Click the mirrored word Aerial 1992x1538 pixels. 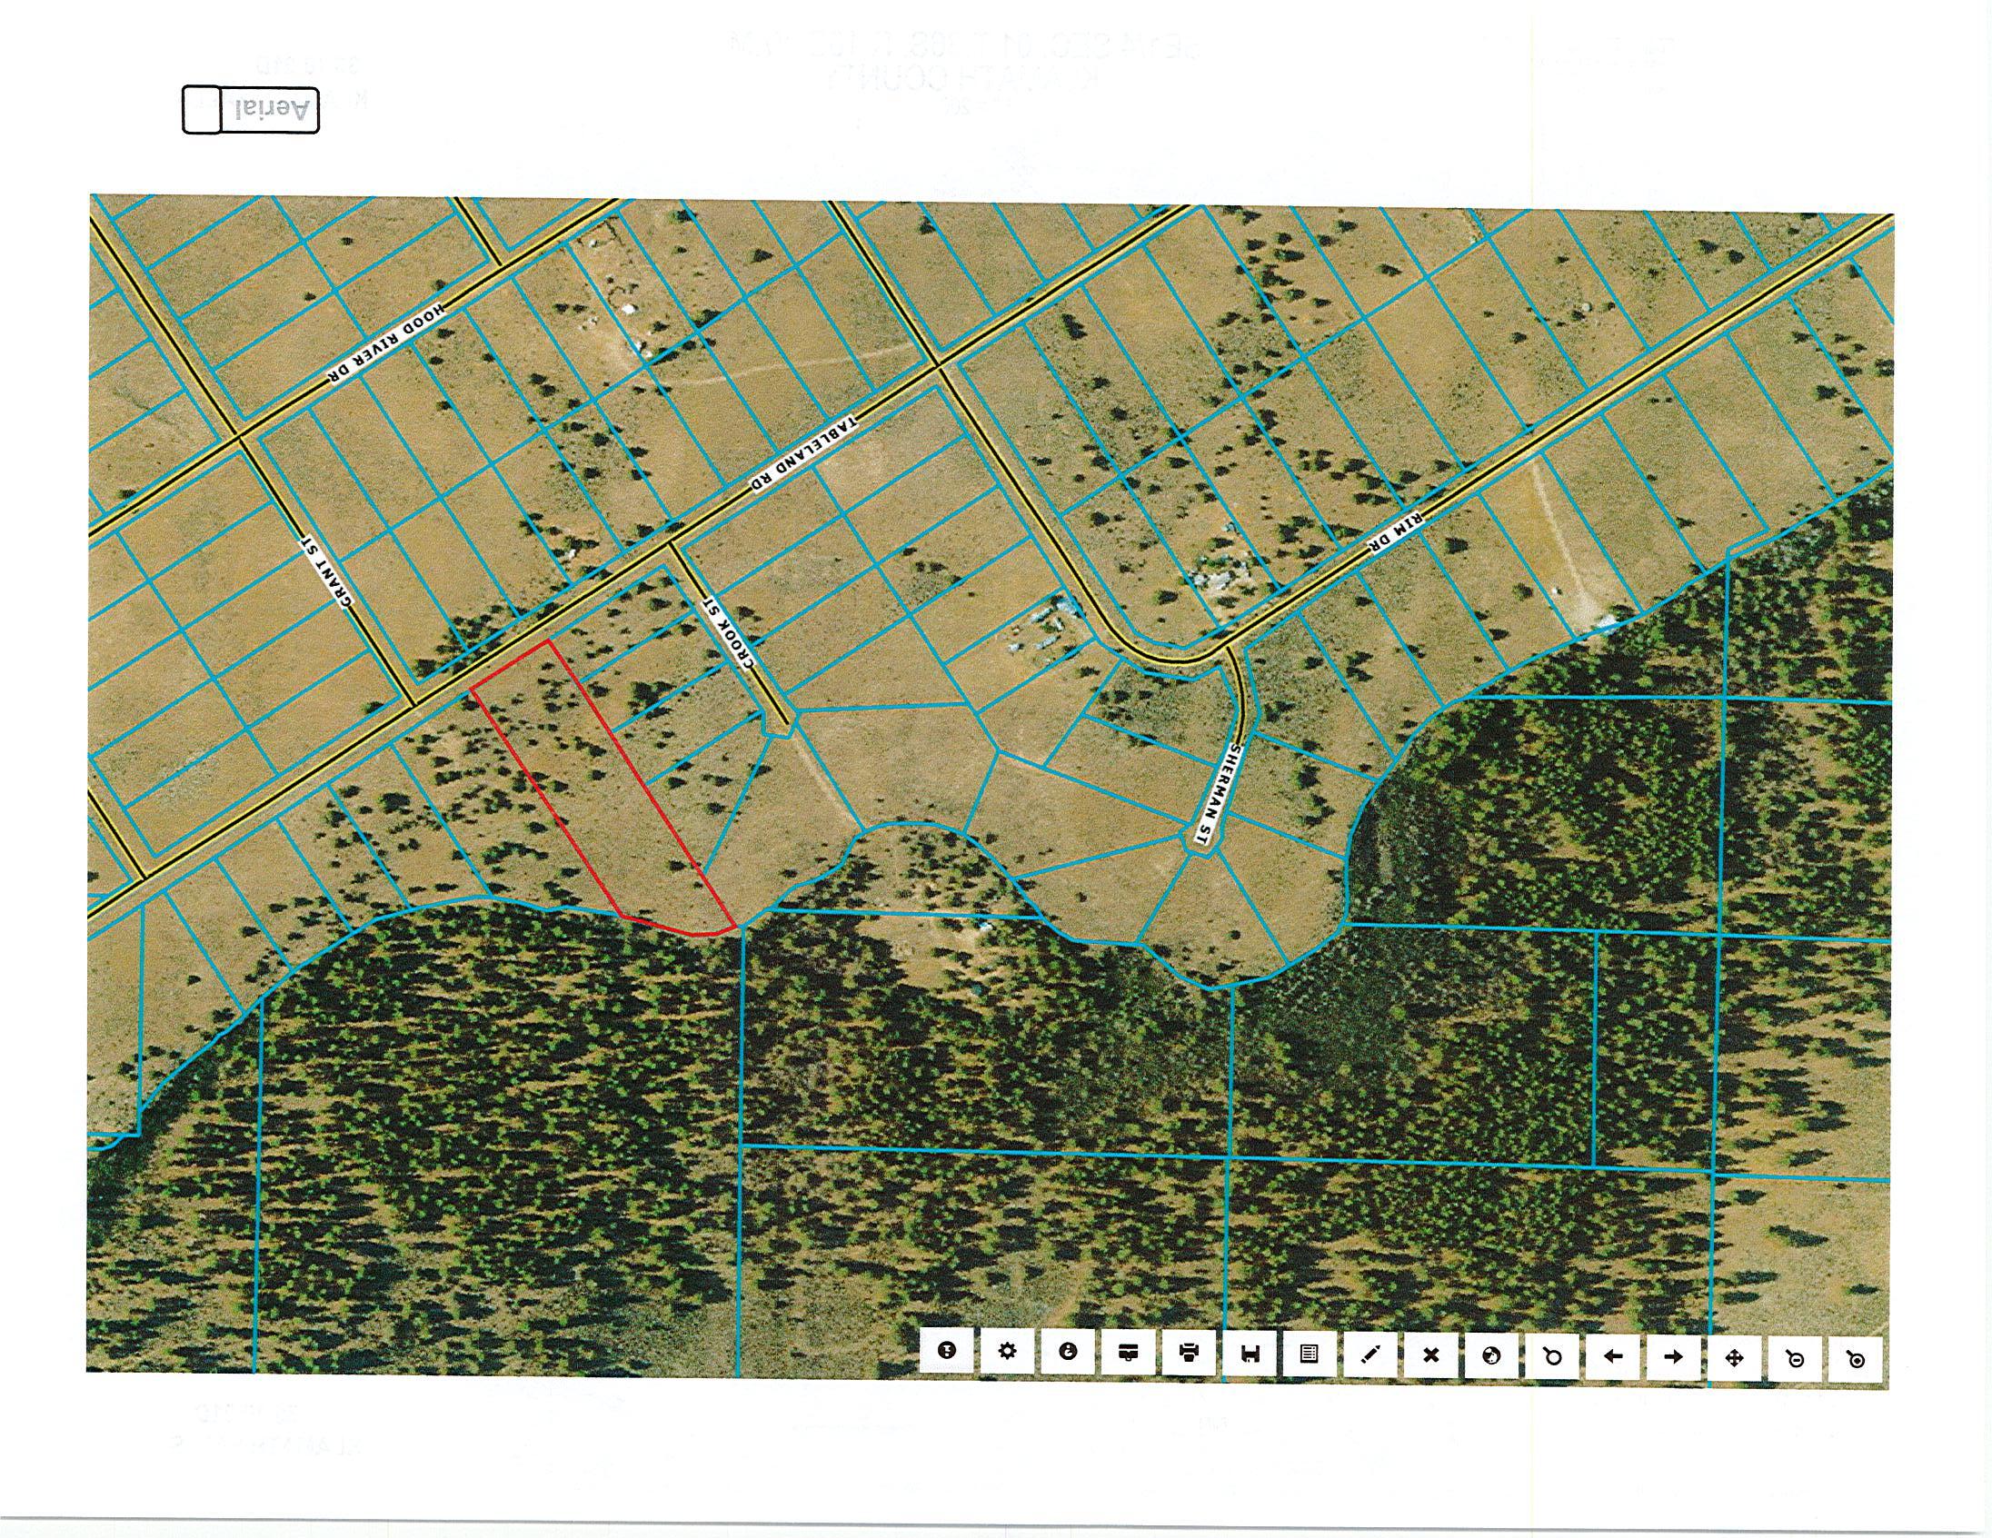(x=273, y=109)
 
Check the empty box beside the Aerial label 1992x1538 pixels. (x=202, y=110)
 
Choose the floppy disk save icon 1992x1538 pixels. (x=1250, y=1354)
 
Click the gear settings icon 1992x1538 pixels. (x=1007, y=1352)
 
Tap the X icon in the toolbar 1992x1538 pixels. (x=1431, y=1354)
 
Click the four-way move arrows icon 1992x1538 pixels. (x=1734, y=1357)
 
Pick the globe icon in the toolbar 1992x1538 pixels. (x=1491, y=1355)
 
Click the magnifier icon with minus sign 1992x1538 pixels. (x=1795, y=1359)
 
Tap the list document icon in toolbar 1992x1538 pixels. (x=1309, y=1354)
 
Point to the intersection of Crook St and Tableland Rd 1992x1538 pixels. (x=672, y=544)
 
